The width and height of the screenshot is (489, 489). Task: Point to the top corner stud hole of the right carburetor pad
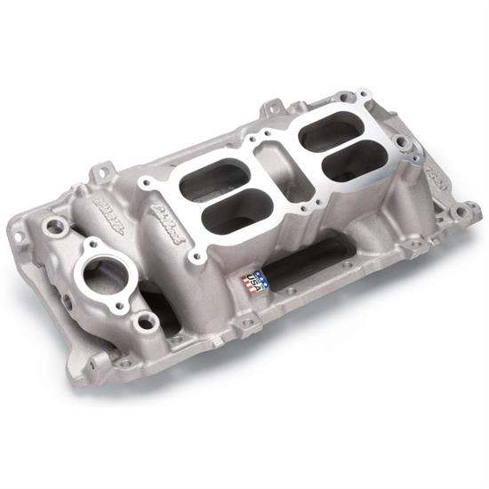363,92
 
